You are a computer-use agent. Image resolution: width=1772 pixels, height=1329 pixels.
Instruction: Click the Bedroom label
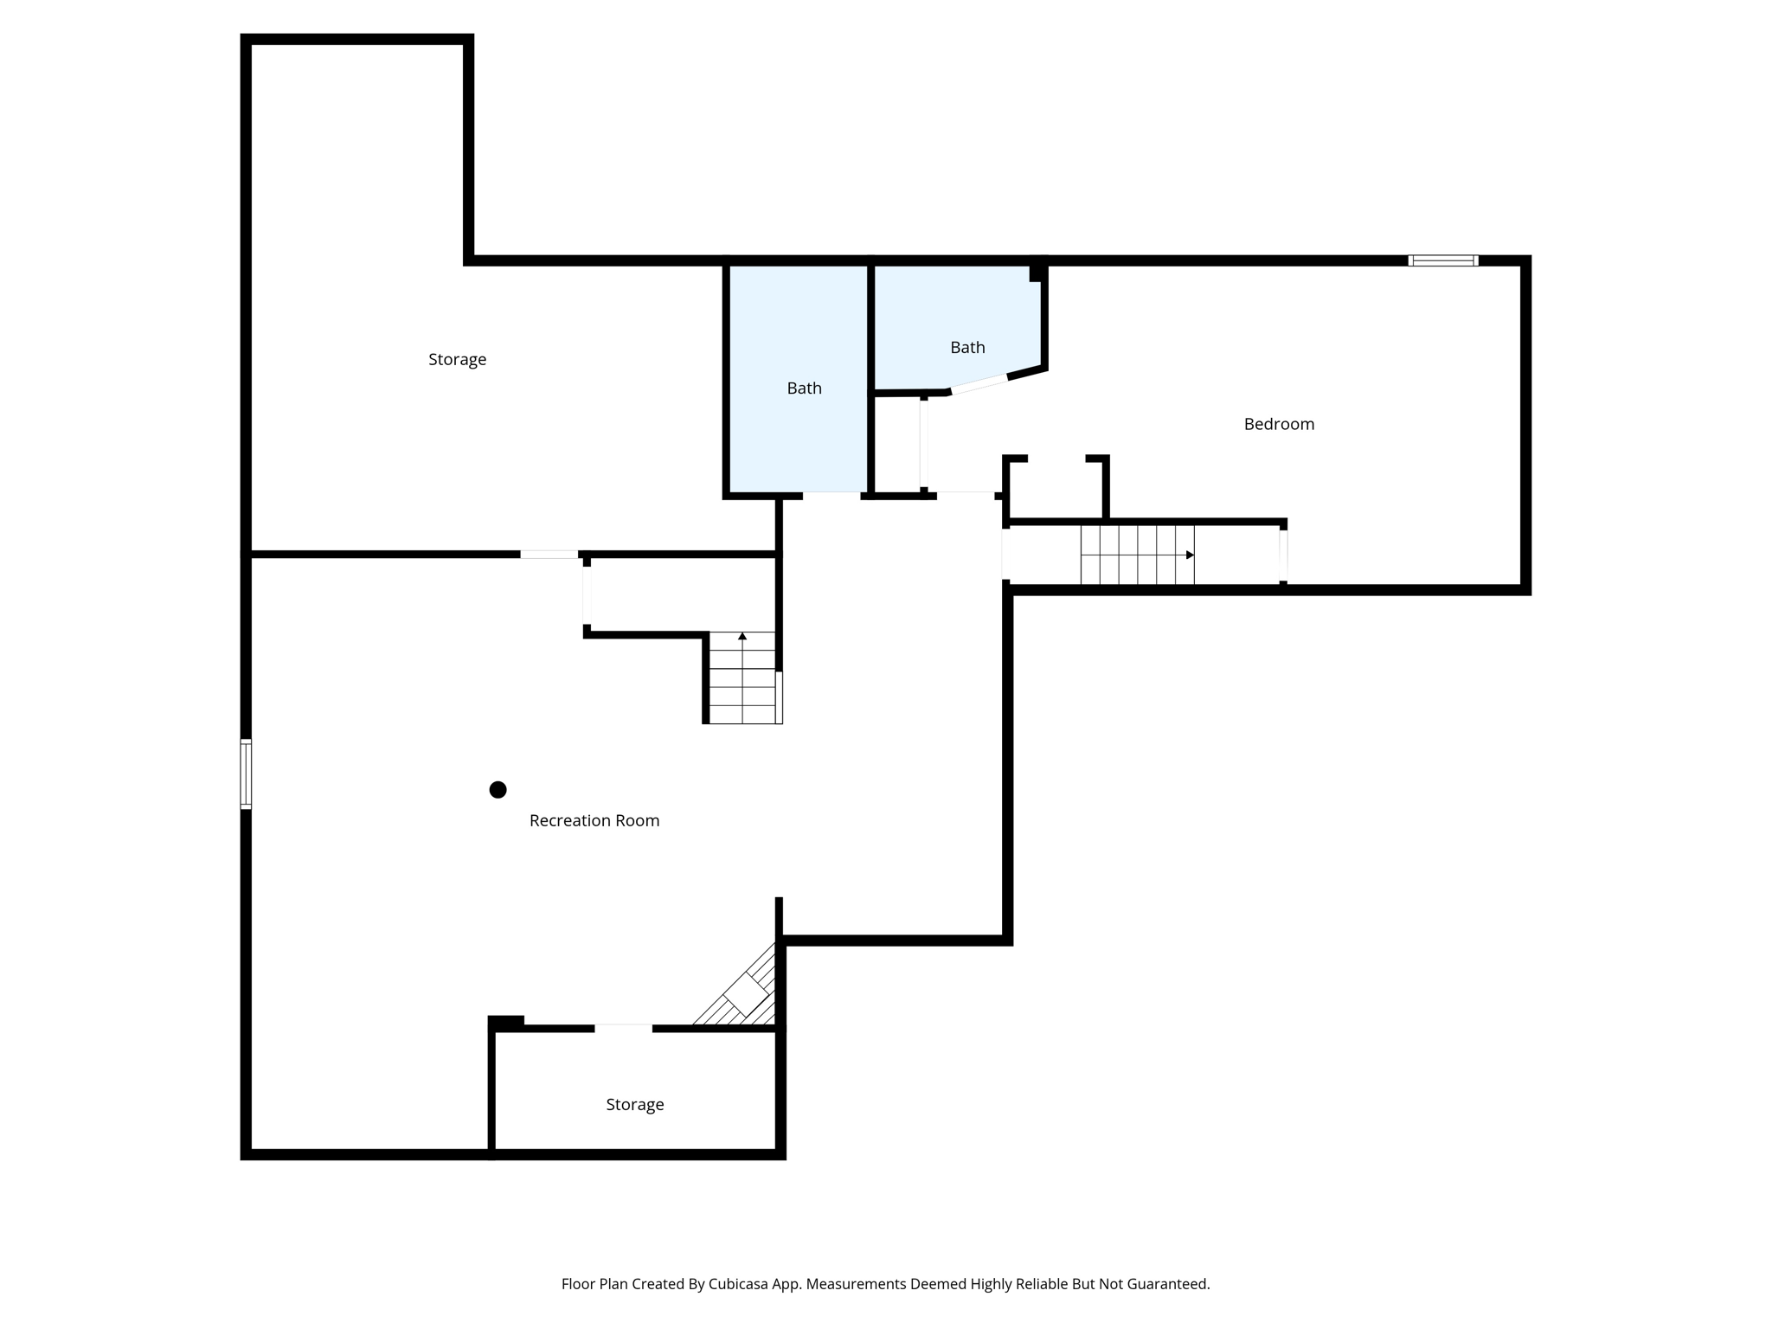tap(1279, 424)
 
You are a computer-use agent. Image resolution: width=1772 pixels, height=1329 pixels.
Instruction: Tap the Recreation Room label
tap(594, 820)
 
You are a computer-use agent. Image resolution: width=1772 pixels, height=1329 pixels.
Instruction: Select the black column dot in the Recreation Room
tap(498, 789)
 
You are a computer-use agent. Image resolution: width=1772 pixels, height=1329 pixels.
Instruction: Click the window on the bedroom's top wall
tap(1442, 260)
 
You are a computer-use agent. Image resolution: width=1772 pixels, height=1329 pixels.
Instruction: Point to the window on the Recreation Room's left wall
tap(246, 774)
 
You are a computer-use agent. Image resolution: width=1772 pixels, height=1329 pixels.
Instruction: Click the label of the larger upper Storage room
tap(457, 359)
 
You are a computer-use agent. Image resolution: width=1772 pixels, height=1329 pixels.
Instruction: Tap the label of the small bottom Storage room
tap(634, 1104)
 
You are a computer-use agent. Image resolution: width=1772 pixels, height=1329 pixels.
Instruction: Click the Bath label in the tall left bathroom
tap(804, 388)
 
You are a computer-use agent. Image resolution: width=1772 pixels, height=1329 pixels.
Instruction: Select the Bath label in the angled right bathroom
tap(967, 347)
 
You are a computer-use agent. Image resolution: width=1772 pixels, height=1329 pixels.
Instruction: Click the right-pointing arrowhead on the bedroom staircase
tap(1191, 555)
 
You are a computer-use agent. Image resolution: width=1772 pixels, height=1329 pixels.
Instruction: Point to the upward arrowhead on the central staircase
tap(742, 636)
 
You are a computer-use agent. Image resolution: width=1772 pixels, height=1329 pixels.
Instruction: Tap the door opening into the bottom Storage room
tap(623, 1028)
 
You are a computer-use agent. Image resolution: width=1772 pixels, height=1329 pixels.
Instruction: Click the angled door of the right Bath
tap(979, 384)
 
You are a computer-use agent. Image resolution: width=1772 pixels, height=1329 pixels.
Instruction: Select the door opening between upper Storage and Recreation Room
tap(549, 555)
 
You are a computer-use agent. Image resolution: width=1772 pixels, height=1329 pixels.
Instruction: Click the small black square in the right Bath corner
tap(1037, 273)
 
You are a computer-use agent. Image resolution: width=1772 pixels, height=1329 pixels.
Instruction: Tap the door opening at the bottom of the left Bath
tap(831, 496)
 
